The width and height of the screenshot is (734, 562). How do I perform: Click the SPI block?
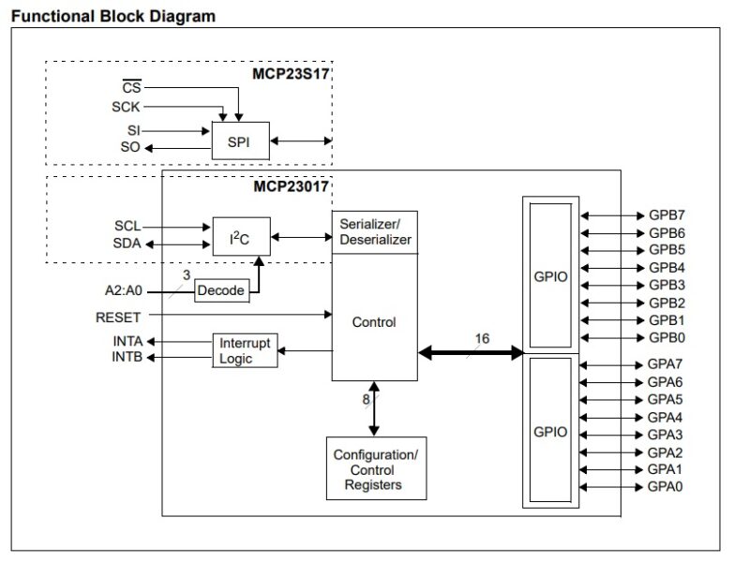pos(241,140)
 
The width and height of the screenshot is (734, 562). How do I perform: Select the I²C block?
pos(240,236)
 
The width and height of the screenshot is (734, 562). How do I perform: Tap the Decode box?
pos(220,291)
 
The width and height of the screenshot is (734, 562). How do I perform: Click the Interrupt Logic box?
pos(244,350)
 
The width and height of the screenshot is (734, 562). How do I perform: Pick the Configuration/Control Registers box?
pos(375,469)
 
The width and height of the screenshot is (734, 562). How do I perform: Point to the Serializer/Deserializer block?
pos(374,231)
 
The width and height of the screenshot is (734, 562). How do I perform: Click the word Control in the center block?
pos(374,322)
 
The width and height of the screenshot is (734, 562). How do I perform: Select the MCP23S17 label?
pos(292,71)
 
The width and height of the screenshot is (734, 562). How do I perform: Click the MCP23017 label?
pos(292,186)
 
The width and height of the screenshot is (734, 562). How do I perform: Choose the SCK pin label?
pos(126,108)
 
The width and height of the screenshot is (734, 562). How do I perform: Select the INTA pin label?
pos(127,341)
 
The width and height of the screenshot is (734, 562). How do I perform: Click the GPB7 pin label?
pos(667,214)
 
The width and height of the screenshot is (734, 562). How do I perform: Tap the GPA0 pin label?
pos(667,487)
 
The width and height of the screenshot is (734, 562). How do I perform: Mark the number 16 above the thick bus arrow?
pos(482,337)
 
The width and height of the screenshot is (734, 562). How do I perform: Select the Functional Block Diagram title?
pos(112,16)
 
